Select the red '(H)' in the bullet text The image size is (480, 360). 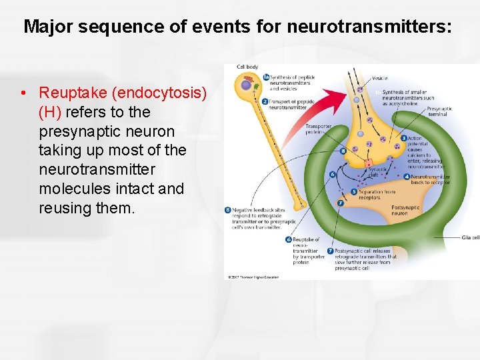click(50, 111)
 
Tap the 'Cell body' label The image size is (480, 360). click(248, 67)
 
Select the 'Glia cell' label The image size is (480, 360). click(470, 237)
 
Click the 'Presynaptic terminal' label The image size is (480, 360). click(439, 111)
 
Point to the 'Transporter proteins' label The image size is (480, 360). click(318, 129)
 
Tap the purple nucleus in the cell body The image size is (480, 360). click(247, 85)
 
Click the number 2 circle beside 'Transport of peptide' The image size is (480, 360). click(265, 101)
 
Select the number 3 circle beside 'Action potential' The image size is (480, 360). click(403, 138)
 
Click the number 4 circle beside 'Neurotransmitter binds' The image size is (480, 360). click(407, 177)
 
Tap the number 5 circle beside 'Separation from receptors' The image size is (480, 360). click(355, 192)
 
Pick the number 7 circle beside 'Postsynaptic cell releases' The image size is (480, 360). click(331, 251)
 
